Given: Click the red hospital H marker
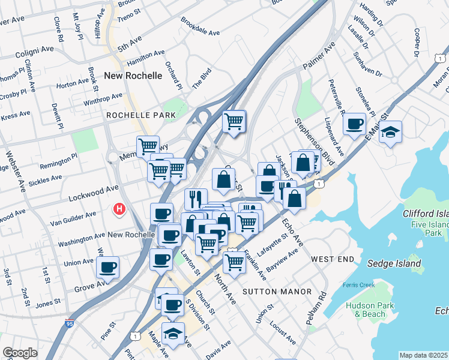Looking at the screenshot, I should click(x=120, y=209).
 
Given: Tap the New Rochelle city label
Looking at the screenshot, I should click(x=133, y=76).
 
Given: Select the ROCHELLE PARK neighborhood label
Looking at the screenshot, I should click(x=141, y=115).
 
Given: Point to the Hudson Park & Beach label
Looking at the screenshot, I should click(x=366, y=309).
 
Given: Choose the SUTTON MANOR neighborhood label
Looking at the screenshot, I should click(x=277, y=292).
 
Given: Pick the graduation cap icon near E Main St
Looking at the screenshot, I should click(x=391, y=131).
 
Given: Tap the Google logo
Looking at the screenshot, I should click(x=20, y=353).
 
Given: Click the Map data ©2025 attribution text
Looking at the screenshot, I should click(x=423, y=355).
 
